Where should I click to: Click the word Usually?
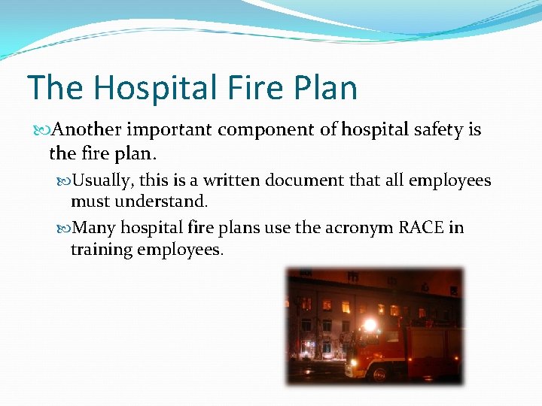coord(105,181)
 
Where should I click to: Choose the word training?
coord(101,249)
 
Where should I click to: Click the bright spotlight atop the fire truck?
coord(370,326)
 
